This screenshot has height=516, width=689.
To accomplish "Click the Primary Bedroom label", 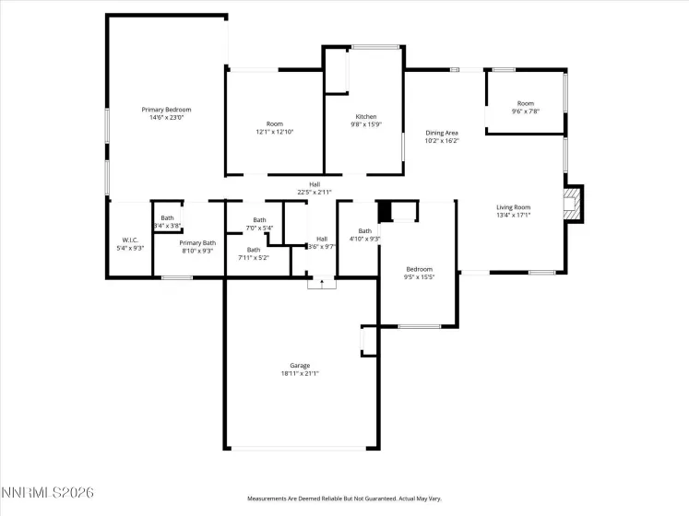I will click(166, 110).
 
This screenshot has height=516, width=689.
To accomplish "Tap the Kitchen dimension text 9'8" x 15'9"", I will click(366, 124).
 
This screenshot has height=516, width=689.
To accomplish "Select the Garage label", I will click(300, 366).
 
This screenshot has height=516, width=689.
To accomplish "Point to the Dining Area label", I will click(442, 133).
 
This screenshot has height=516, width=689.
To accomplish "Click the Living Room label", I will click(514, 207).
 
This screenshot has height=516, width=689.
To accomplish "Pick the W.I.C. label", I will click(130, 240).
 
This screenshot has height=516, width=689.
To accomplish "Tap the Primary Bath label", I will click(196, 242).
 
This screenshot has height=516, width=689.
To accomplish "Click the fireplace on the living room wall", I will click(575, 204).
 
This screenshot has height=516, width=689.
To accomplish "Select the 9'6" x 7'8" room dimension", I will click(526, 111).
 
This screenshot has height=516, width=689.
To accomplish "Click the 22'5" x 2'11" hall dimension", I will click(314, 193).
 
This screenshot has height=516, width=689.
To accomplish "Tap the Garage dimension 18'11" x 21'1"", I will click(300, 374).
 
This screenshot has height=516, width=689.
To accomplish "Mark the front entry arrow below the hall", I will click(321, 283).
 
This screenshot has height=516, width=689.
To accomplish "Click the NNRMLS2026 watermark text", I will click(47, 494).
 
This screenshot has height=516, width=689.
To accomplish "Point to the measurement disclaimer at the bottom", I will click(344, 498).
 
